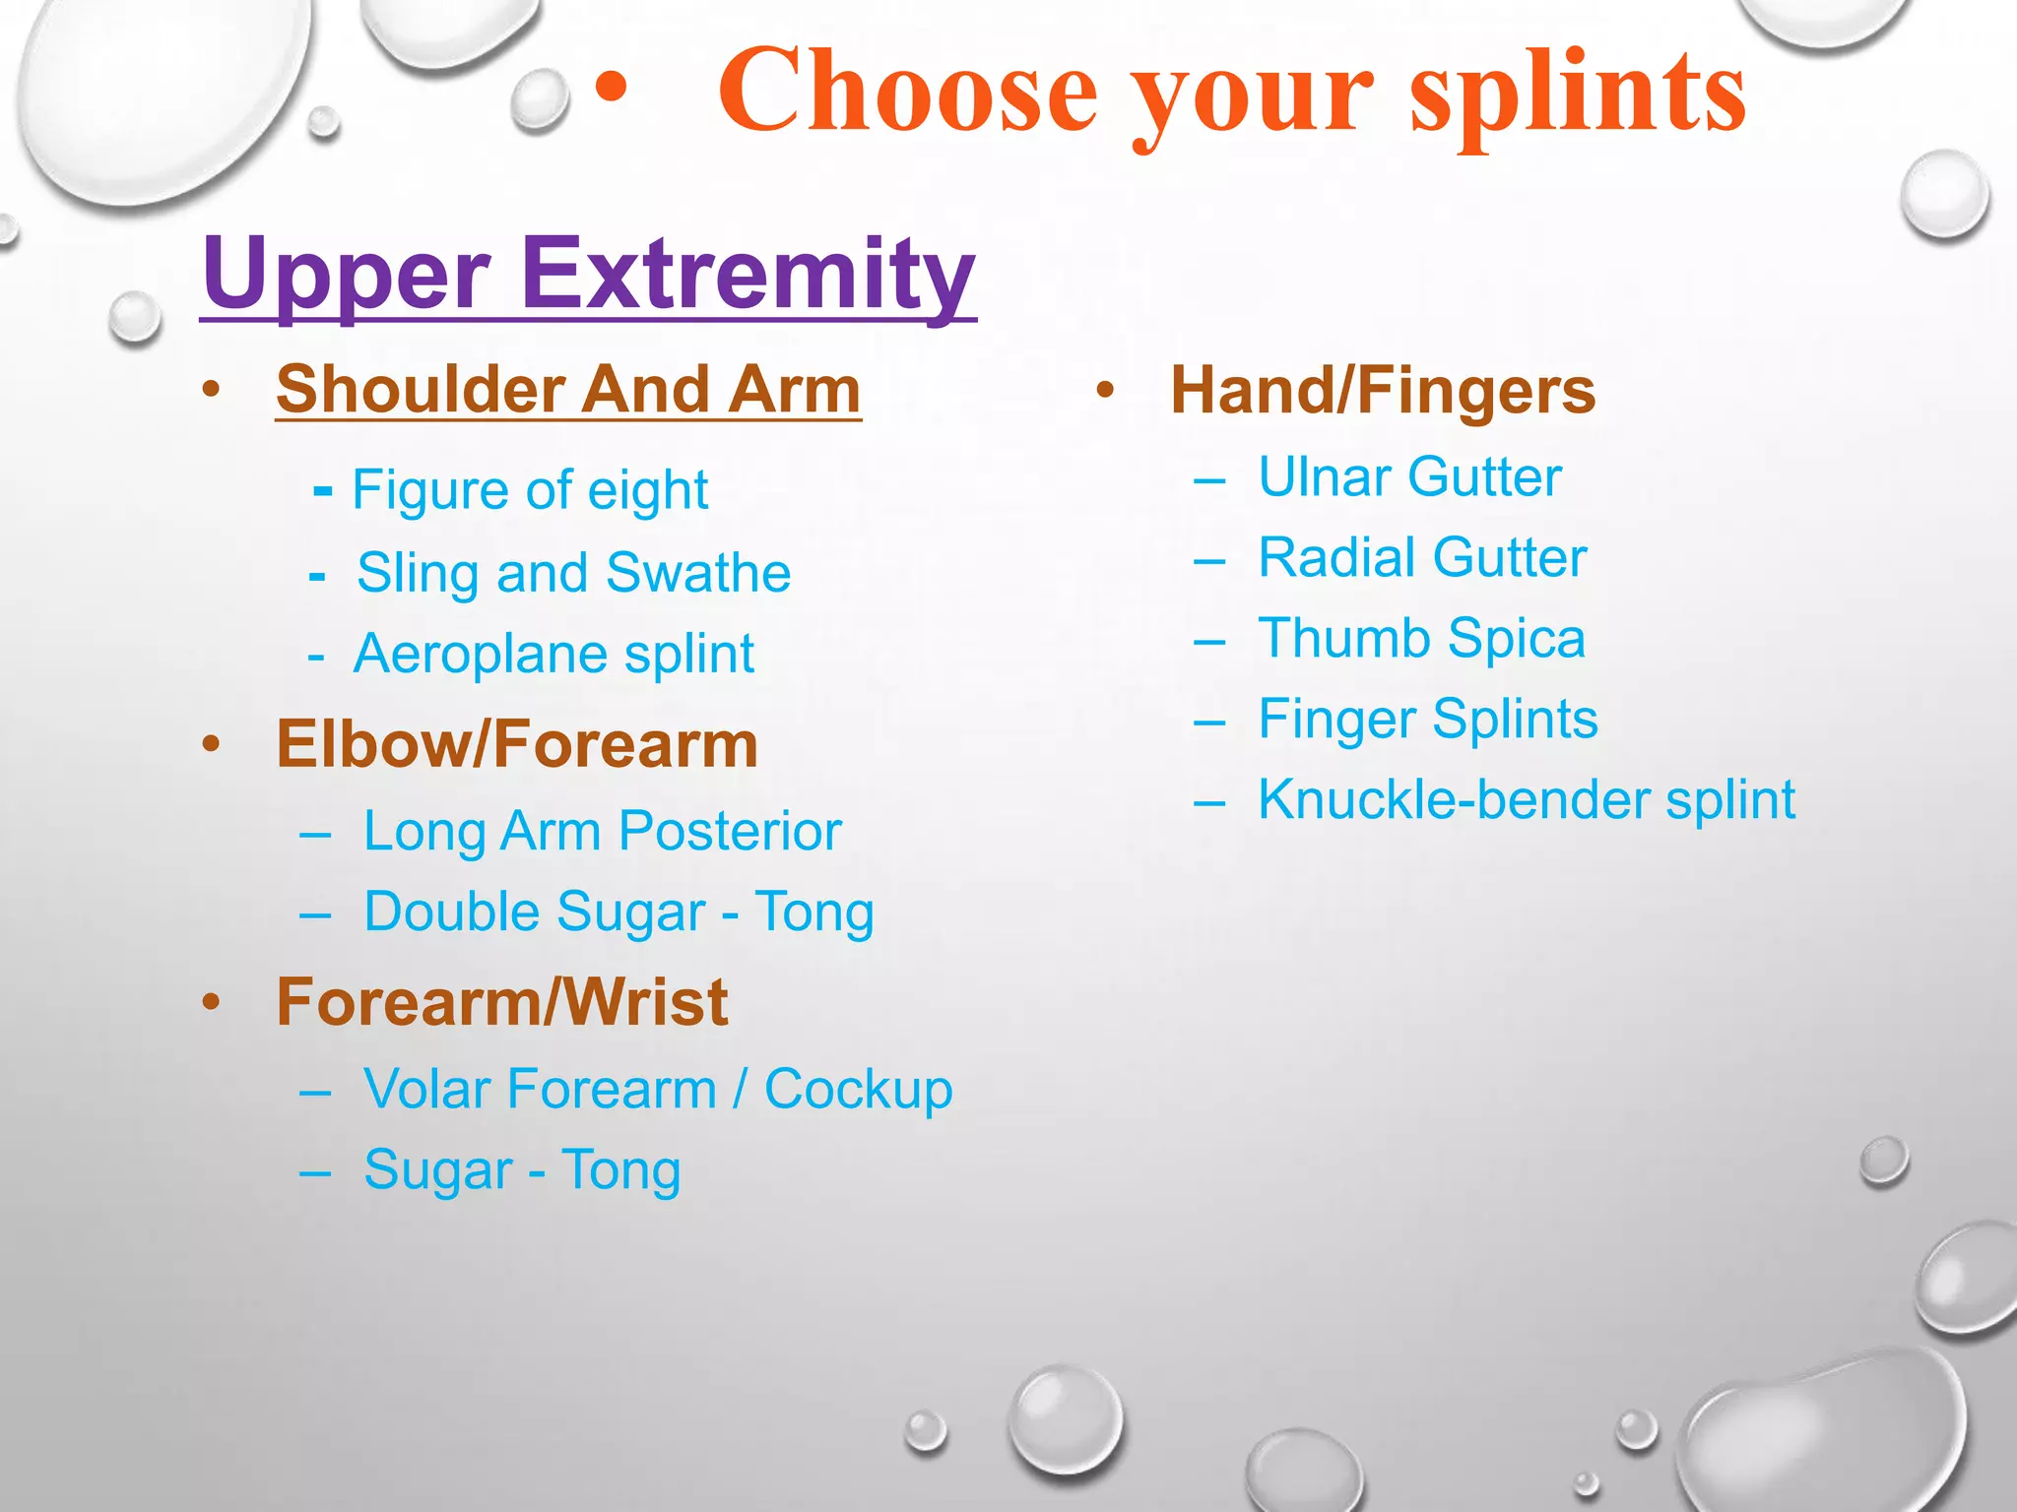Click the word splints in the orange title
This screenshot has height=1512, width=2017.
pos(1578,94)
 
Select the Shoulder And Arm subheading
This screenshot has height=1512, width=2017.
pos(568,390)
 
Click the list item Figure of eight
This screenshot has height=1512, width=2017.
pos(530,490)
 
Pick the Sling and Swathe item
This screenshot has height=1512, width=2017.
pos(573,573)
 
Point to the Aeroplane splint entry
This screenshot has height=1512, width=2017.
pos(553,655)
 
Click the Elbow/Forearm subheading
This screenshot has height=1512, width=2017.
pos(517,744)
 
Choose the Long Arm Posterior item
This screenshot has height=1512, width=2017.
pos(602,832)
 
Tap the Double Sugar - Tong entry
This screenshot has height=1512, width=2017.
pos(618,913)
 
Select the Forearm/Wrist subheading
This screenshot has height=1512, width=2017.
pos(501,1003)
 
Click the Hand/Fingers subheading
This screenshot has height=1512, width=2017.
pos(1382,391)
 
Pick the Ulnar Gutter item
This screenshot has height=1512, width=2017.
pos(1409,478)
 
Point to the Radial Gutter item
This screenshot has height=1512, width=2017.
pos(1422,559)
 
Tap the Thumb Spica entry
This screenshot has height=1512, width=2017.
pos(1421,639)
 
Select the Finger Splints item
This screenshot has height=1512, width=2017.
pos(1427,720)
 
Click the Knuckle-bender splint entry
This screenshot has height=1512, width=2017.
pos(1527,800)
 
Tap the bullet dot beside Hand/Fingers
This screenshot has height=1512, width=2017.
pos(1105,391)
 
